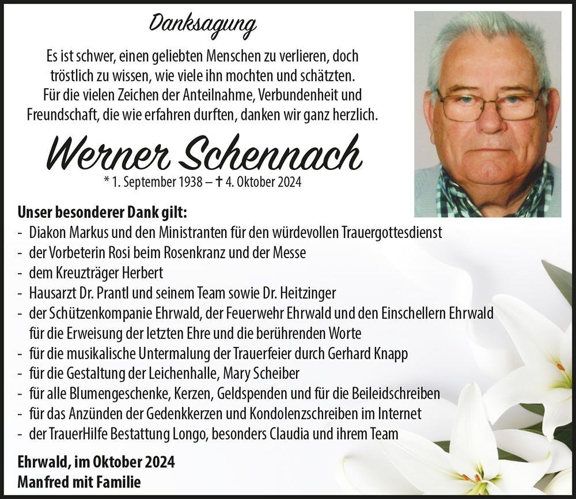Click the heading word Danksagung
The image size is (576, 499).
coord(203,24)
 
